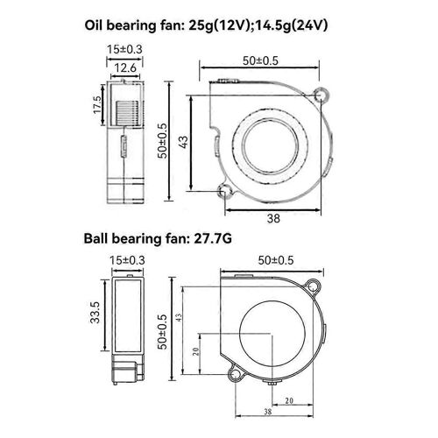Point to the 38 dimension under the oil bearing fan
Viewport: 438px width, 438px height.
(272, 220)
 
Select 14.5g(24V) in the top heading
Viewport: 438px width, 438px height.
(308, 25)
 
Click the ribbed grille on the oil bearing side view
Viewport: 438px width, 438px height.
(125, 112)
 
